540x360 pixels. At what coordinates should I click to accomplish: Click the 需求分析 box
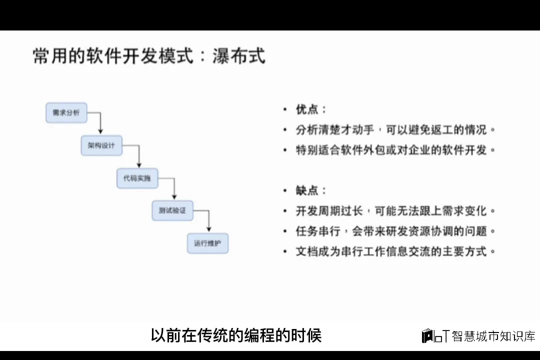(66, 113)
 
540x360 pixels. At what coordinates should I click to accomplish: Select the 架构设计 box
(101, 145)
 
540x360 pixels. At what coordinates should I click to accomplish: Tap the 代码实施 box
(137, 178)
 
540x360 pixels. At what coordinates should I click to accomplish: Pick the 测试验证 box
(172, 210)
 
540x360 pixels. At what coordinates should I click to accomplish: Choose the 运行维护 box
(207, 243)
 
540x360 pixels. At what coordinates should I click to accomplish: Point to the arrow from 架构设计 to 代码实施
(138, 155)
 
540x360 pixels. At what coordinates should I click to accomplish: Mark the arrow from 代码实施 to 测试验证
(174, 188)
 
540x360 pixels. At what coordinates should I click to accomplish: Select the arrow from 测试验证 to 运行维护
(209, 220)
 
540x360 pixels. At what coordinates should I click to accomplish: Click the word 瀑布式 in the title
(238, 56)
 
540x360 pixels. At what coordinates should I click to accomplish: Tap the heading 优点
(310, 109)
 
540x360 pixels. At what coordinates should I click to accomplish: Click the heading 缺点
(310, 190)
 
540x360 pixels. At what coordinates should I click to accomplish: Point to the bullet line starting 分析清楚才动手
(395, 129)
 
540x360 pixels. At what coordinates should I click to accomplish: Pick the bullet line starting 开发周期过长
(395, 210)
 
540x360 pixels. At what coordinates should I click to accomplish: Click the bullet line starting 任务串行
(395, 231)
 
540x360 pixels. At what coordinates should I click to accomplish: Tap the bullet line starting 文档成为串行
(395, 251)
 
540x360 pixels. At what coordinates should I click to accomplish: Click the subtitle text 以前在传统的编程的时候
(236, 335)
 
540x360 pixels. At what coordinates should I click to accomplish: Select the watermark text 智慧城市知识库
(493, 336)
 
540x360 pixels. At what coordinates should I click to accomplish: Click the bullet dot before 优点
(285, 109)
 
